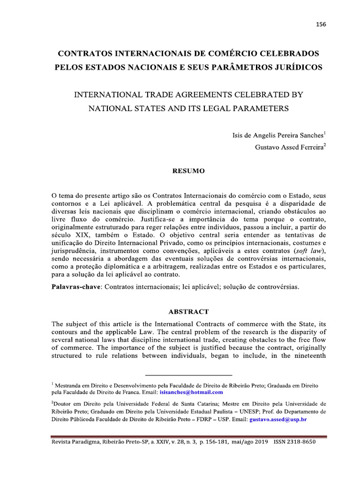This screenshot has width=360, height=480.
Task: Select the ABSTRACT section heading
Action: coord(189,311)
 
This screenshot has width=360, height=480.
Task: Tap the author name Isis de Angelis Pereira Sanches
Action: coord(278,135)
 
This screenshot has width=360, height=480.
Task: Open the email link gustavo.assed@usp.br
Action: coord(278,419)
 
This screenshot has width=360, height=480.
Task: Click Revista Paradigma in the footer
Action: coord(75,442)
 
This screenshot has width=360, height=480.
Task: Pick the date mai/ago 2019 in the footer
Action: coord(243,442)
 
